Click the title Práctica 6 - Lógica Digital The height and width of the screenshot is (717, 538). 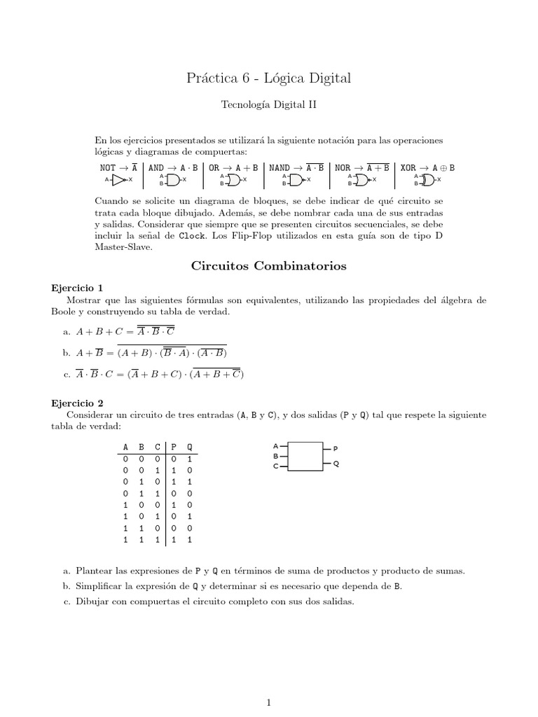269,78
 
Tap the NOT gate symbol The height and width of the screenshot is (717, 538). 118,180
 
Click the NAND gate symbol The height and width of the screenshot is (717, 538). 296,180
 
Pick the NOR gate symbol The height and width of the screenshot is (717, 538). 361,180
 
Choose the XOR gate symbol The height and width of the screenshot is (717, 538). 427,180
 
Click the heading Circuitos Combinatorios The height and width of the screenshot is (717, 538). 269,266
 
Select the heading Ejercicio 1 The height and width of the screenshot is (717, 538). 78,287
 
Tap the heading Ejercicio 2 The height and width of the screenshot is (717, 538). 78,403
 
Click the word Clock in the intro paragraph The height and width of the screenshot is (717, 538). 192,237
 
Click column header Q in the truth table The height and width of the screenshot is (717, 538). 190,447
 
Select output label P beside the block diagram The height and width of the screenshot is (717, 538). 335,447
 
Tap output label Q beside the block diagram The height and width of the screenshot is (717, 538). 336,464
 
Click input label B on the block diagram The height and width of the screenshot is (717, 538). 275,456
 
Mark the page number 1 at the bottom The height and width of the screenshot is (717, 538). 269,683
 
